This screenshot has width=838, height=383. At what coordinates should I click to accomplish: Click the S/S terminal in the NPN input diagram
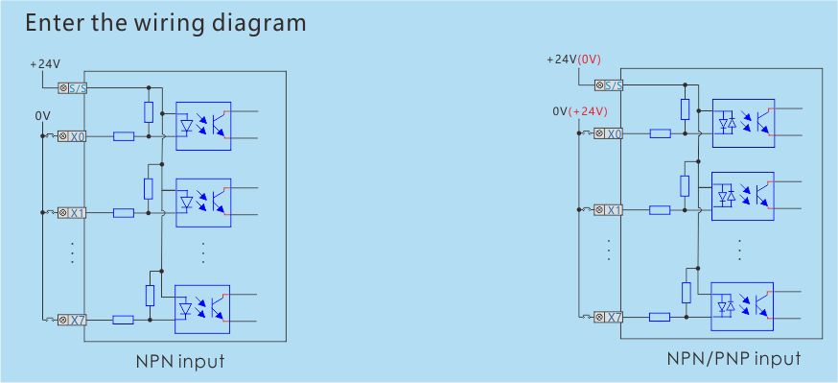click(72, 88)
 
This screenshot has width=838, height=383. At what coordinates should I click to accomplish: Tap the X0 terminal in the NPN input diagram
click(72, 136)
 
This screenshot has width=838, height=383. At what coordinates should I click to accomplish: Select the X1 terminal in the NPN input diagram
click(72, 212)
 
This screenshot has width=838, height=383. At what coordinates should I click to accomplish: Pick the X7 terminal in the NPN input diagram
click(72, 320)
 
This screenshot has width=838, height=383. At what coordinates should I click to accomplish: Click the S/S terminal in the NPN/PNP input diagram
click(609, 85)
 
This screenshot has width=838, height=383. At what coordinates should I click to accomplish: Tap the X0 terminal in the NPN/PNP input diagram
click(609, 133)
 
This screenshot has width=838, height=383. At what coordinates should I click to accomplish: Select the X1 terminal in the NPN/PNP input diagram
click(609, 209)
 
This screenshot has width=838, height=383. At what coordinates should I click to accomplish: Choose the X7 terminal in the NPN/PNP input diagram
click(609, 317)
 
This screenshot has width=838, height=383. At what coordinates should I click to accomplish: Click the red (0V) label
click(589, 60)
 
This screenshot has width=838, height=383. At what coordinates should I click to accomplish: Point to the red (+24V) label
click(588, 111)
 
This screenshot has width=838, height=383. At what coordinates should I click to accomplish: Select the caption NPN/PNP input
click(733, 359)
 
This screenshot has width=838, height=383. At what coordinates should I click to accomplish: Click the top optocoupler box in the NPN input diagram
click(202, 124)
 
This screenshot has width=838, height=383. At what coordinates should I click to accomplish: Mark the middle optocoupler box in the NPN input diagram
click(202, 201)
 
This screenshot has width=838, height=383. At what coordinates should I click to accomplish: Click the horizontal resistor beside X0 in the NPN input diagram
click(124, 136)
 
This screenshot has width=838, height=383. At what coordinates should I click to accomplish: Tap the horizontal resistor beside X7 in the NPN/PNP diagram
click(660, 317)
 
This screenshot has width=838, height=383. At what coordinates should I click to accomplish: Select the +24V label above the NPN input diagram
click(45, 64)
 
